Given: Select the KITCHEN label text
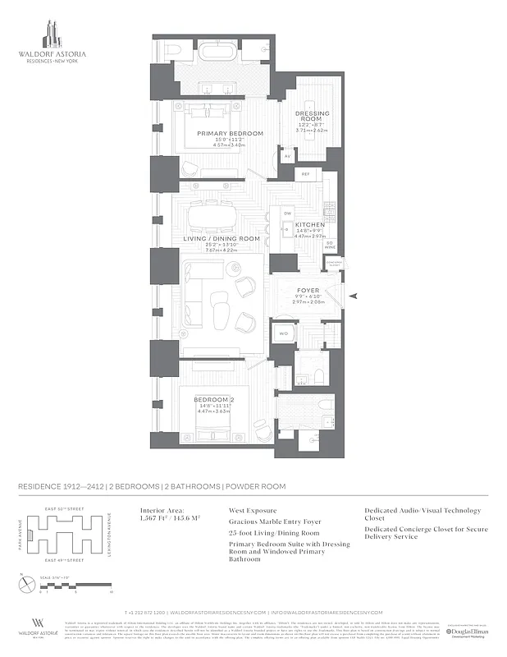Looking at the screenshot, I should [x=310, y=224].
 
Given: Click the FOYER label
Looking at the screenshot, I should [x=308, y=289].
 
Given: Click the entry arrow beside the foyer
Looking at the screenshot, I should [x=353, y=295].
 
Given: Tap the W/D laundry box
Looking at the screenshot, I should [x=283, y=333].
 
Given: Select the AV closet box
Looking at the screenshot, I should [x=287, y=154].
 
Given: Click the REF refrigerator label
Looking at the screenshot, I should [x=305, y=175].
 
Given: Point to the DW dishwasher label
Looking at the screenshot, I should [x=287, y=214].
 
